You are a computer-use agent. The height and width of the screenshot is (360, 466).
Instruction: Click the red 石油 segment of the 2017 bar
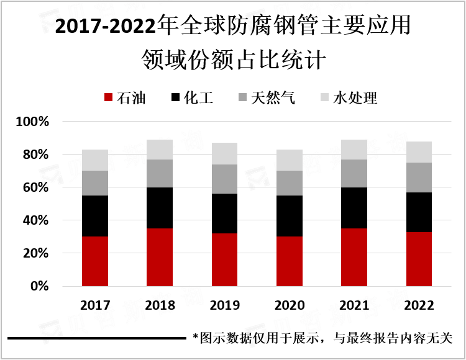click(x=95, y=261)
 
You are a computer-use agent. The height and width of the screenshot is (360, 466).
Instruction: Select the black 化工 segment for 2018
click(x=160, y=208)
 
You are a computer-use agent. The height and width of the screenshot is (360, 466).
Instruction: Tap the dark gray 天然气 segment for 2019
click(x=224, y=179)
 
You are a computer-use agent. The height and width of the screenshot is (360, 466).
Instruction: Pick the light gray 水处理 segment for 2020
click(x=289, y=160)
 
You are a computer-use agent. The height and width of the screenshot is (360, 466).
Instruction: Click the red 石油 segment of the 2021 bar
click(x=354, y=257)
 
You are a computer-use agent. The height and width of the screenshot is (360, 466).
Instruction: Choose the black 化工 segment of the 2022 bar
click(x=418, y=212)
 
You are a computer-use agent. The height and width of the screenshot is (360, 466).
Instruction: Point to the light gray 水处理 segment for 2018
click(x=160, y=150)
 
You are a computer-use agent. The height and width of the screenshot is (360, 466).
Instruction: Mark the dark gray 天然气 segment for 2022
click(x=418, y=178)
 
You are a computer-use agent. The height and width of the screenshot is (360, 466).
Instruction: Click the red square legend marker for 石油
click(x=108, y=98)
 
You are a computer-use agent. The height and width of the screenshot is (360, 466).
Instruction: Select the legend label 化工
click(x=199, y=98)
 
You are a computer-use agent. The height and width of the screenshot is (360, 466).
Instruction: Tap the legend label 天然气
click(x=273, y=98)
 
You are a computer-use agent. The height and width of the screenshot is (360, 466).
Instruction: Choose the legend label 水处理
click(x=355, y=98)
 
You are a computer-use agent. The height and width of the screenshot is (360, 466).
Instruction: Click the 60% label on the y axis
click(x=35, y=187)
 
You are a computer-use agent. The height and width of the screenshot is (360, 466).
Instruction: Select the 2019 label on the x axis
click(x=224, y=305)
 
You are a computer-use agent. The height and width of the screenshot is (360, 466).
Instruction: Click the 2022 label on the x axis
click(x=418, y=305)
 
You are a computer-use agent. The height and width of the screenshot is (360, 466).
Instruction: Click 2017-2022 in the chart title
click(x=106, y=27)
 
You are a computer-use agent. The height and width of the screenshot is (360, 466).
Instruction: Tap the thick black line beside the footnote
click(x=97, y=339)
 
